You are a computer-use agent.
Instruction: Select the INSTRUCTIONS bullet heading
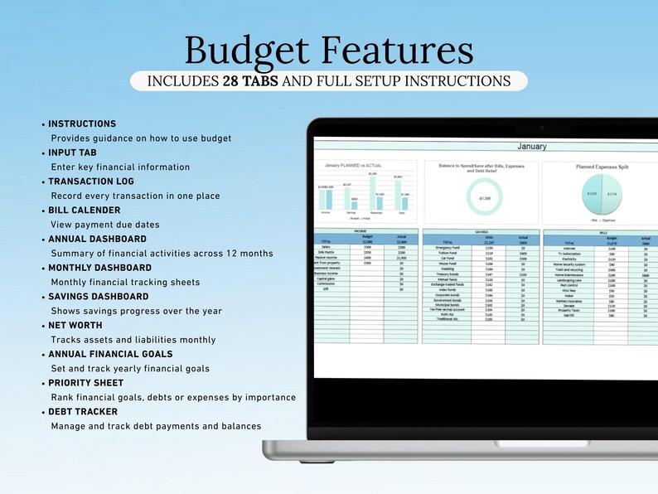tap(82, 123)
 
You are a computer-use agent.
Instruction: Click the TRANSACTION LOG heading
tap(91, 182)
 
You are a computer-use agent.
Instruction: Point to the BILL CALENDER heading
tap(85, 211)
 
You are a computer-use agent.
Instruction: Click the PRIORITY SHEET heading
tap(86, 383)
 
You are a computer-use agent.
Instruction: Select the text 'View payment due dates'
tap(105, 225)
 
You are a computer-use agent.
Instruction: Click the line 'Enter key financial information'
tap(120, 167)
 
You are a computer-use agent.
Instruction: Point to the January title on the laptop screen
tap(531, 147)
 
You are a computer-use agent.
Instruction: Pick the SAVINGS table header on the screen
tap(481, 232)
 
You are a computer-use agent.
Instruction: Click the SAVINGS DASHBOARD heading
tap(99, 297)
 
